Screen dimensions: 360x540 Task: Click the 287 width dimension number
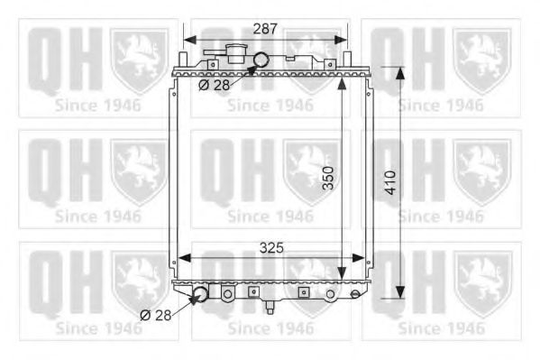coord(264,29)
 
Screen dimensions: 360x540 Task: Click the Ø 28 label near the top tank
coord(215,84)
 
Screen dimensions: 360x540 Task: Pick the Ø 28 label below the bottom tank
coord(158,314)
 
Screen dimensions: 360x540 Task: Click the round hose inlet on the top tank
coord(261,61)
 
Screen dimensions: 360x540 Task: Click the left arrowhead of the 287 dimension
coord(188,40)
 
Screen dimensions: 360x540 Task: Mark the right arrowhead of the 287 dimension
coord(340,40)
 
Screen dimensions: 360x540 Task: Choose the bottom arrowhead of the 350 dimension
coord(341,274)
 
